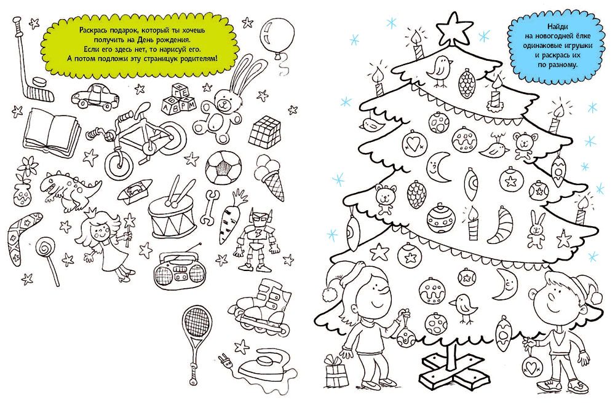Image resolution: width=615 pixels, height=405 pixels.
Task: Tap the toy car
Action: coord(95,96)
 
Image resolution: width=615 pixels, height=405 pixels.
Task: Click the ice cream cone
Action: coord(271,177)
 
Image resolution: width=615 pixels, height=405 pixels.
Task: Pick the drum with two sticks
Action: coord(172,209)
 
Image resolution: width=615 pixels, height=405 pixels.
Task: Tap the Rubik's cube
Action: coord(265,130)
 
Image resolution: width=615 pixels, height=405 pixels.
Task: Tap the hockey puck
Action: coord(38,82)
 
